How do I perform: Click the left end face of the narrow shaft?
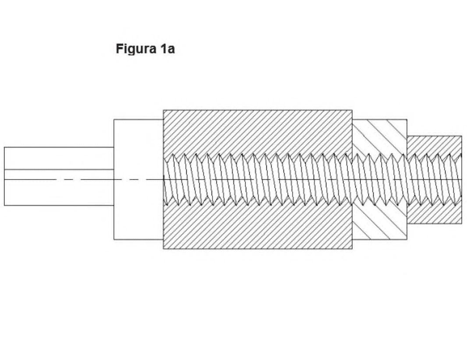[4, 176]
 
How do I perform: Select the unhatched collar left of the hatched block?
[138, 179]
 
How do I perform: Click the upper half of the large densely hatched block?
[258, 133]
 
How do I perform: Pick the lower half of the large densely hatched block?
[258, 227]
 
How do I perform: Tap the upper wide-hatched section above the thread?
[380, 138]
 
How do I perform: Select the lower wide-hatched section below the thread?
[380, 222]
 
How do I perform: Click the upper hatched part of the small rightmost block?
[434, 146]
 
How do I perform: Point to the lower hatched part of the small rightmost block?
[434, 213]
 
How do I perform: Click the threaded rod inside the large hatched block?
[258, 180]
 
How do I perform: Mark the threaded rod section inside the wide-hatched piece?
[380, 180]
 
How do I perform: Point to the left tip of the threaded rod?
[163, 180]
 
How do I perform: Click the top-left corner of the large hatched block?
[163, 110]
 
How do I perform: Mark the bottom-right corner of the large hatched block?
[352, 249]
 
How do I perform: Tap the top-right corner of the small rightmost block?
[462, 136]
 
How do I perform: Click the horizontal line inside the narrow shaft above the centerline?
[59, 169]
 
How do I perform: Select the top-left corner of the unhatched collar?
[114, 120]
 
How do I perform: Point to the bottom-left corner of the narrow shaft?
[4, 205]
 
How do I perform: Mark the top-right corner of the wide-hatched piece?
[407, 120]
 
